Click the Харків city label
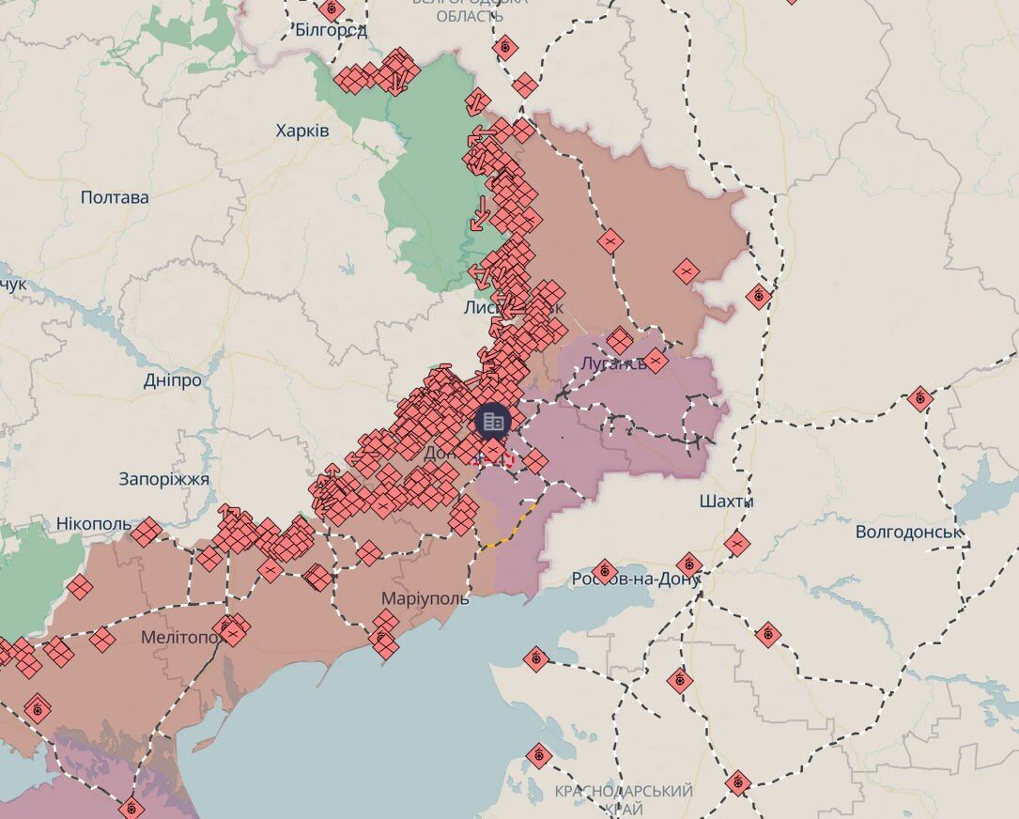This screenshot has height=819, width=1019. point(302,131)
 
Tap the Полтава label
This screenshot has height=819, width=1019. point(115,197)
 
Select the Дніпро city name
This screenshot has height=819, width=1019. point(173,380)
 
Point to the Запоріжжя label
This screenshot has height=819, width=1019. point(164,479)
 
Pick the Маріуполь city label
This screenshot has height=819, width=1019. point(425,598)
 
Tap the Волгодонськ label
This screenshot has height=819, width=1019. point(909,532)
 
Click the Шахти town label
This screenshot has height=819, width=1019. point(726,502)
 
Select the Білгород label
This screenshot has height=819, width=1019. point(331,30)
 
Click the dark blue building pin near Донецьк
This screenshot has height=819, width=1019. point(493,421)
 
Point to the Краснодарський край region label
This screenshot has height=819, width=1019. point(624,799)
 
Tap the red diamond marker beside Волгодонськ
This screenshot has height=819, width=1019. point(920,398)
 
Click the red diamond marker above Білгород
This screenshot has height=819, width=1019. point(330,9)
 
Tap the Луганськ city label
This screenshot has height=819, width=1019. point(614,363)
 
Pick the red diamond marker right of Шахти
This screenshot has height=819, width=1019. point(737,543)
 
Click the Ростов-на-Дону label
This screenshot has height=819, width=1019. point(636,579)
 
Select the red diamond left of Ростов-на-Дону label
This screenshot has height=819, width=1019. point(604,570)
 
